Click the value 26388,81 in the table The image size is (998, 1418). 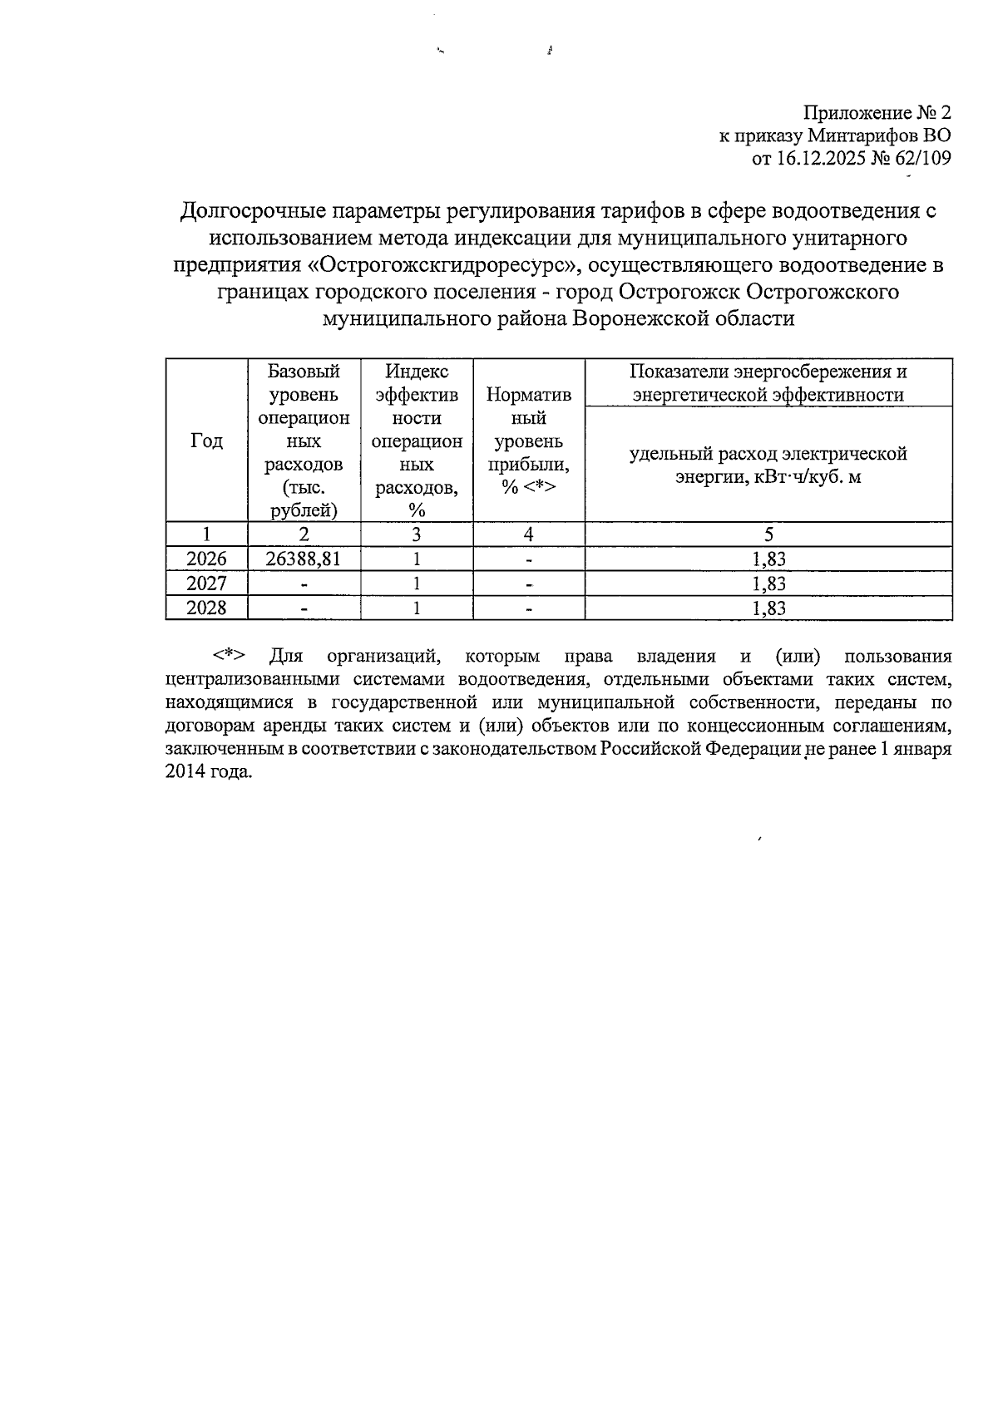pos(303,559)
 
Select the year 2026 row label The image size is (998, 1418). pos(206,559)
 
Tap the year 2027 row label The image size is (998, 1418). pos(206,583)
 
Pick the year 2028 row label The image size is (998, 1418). pos(206,608)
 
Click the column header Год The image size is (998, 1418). pos(206,441)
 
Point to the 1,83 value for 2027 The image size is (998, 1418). pos(768,583)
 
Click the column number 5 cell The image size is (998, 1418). pos(768,534)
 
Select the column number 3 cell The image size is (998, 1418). pos(417,534)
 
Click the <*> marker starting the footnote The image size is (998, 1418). pos(230,656)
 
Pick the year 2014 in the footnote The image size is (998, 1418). pos(185,771)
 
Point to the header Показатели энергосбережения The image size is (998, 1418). pos(768,372)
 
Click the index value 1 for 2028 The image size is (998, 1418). pos(417,608)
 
